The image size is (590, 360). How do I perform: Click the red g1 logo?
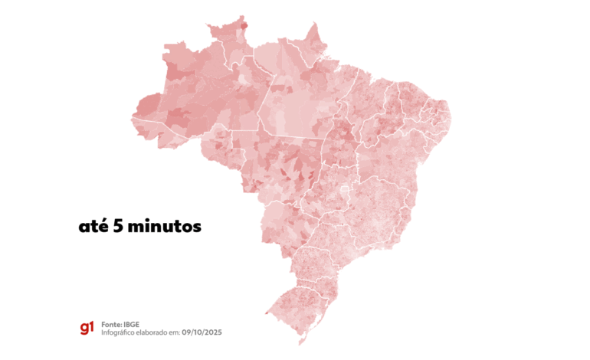coord(86,328)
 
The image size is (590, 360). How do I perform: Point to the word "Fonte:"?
coord(113,324)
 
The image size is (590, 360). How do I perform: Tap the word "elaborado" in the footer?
coord(160,332)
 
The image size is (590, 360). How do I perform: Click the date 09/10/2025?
coord(205,332)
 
